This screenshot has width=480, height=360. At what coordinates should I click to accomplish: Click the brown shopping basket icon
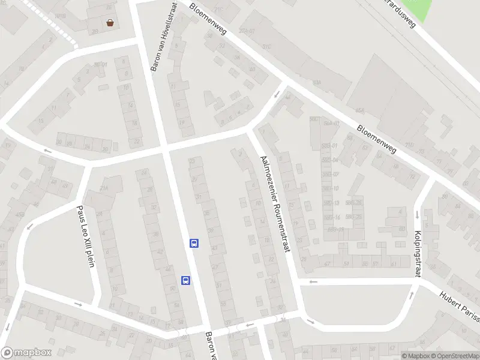tap(110, 23)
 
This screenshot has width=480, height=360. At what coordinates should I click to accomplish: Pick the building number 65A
tap(360, 110)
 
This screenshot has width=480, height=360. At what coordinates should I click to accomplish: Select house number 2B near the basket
tap(95, 31)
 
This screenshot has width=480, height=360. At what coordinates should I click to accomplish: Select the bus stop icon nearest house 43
tap(194, 243)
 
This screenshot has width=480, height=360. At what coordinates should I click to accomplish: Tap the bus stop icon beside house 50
tap(186, 280)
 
